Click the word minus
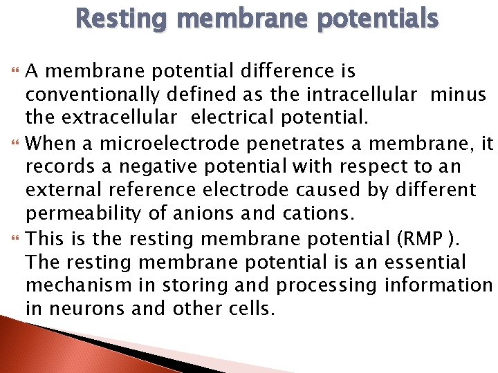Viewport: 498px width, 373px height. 458,95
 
